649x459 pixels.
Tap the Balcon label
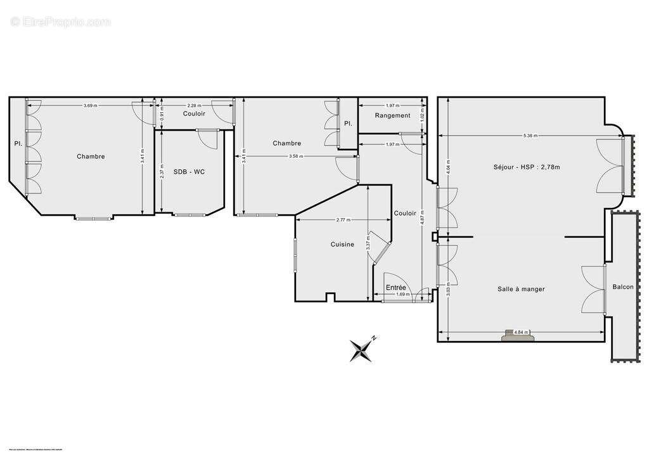622,287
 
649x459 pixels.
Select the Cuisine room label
342,244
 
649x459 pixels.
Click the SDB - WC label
189,172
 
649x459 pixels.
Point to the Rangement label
392,115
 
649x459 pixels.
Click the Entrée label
396,288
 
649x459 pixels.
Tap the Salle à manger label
521,289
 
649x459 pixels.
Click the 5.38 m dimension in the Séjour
531,136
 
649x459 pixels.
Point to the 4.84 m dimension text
521,332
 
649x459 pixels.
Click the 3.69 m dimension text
90,105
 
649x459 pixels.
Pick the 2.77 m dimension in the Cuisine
345,219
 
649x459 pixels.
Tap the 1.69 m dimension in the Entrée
402,294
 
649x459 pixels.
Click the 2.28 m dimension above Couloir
194,105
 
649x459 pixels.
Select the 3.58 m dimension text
295,156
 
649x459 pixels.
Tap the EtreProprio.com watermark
61,22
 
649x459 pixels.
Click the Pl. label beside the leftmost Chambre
18,144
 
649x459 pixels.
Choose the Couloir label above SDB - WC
194,114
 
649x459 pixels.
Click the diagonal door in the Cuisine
382,249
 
